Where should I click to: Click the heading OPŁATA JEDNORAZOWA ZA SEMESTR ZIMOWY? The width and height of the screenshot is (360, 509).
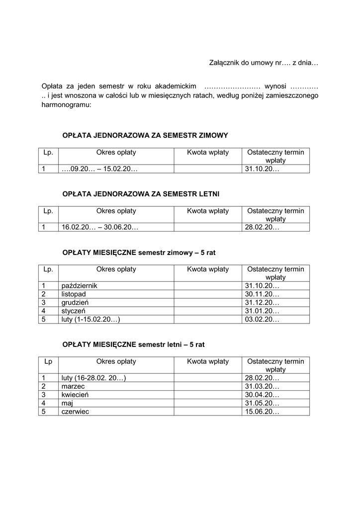pyautogui.click(x=145, y=135)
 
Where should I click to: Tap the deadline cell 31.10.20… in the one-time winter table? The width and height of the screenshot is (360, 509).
pyautogui.click(x=262, y=169)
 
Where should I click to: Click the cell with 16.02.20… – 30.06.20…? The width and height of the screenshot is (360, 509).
pyautogui.click(x=100, y=227)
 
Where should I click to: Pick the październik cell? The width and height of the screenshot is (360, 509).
pyautogui.click(x=80, y=286)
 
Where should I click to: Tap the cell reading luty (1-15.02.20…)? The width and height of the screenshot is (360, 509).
pyautogui.click(x=91, y=319)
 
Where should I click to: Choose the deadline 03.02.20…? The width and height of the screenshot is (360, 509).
pyautogui.click(x=262, y=319)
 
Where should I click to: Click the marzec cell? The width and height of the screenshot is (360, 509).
pyautogui.click(x=73, y=386)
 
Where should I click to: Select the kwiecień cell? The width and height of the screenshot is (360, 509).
pyautogui.click(x=75, y=395)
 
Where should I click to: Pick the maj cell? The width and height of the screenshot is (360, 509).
pyautogui.click(x=67, y=403)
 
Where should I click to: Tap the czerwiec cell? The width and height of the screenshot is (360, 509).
pyautogui.click(x=75, y=412)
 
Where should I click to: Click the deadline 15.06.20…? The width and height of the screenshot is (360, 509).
pyautogui.click(x=262, y=412)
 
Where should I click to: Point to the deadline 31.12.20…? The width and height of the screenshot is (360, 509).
pyautogui.click(x=262, y=302)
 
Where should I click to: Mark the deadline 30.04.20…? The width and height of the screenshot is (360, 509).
pyautogui.click(x=262, y=395)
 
